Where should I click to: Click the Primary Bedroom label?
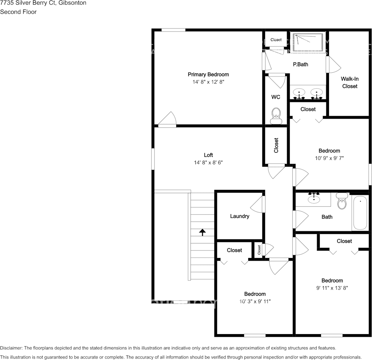[x=208, y=75]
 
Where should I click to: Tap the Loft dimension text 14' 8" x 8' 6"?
[x=208, y=162]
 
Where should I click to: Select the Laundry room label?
[x=239, y=216]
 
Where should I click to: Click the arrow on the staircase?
[x=202, y=232]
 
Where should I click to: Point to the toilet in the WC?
[x=276, y=115]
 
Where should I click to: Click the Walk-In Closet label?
[x=349, y=83]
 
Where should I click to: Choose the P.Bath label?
[x=300, y=64]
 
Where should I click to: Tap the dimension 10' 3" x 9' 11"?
[x=255, y=301]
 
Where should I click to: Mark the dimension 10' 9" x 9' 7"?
[x=329, y=158]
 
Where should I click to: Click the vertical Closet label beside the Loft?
[x=276, y=145]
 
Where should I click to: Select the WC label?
[x=276, y=97]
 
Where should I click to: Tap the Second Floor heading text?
[x=18, y=12]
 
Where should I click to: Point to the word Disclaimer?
[x=11, y=348]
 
